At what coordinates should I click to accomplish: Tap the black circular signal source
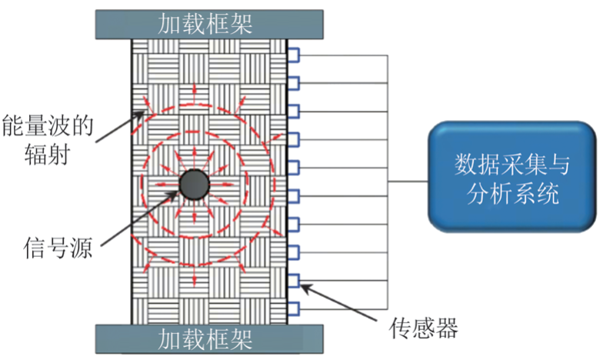coord(195,184)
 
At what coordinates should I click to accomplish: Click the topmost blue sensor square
coord(293,55)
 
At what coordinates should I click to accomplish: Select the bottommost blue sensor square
coord(293,308)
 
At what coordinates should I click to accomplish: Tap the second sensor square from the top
coord(293,83)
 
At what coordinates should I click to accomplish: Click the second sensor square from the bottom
coord(293,280)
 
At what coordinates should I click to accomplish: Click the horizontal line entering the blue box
coord(408,182)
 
